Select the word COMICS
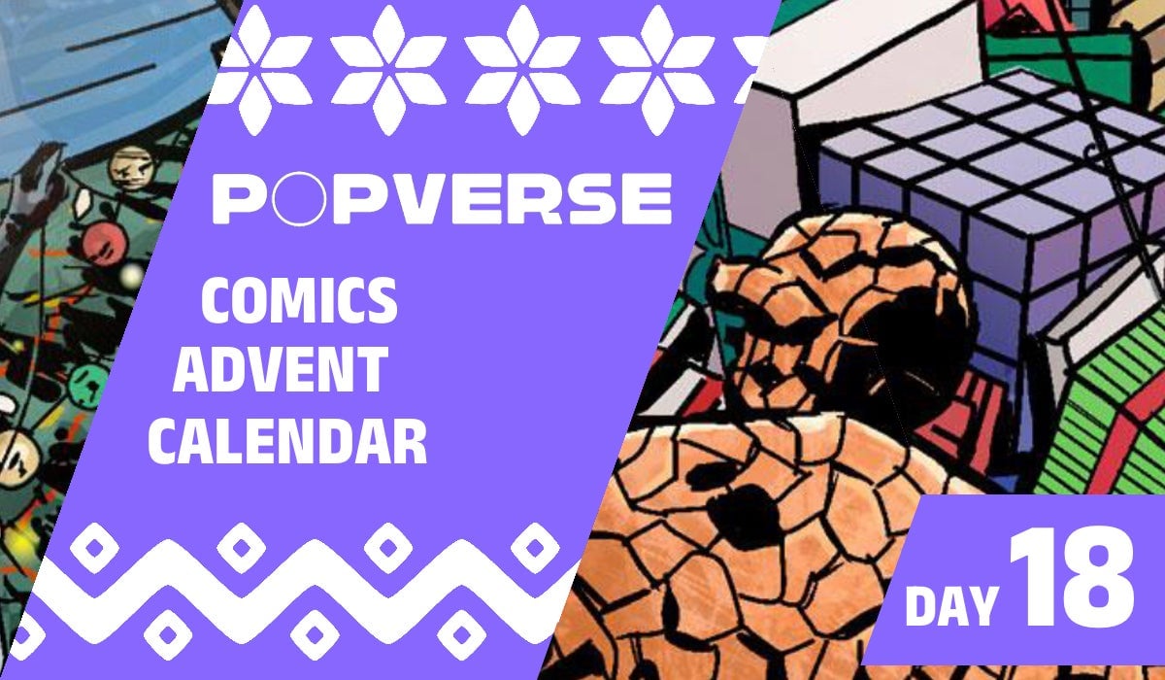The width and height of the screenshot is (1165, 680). tap(299, 302)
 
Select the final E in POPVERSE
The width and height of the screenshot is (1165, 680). tap(639, 198)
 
